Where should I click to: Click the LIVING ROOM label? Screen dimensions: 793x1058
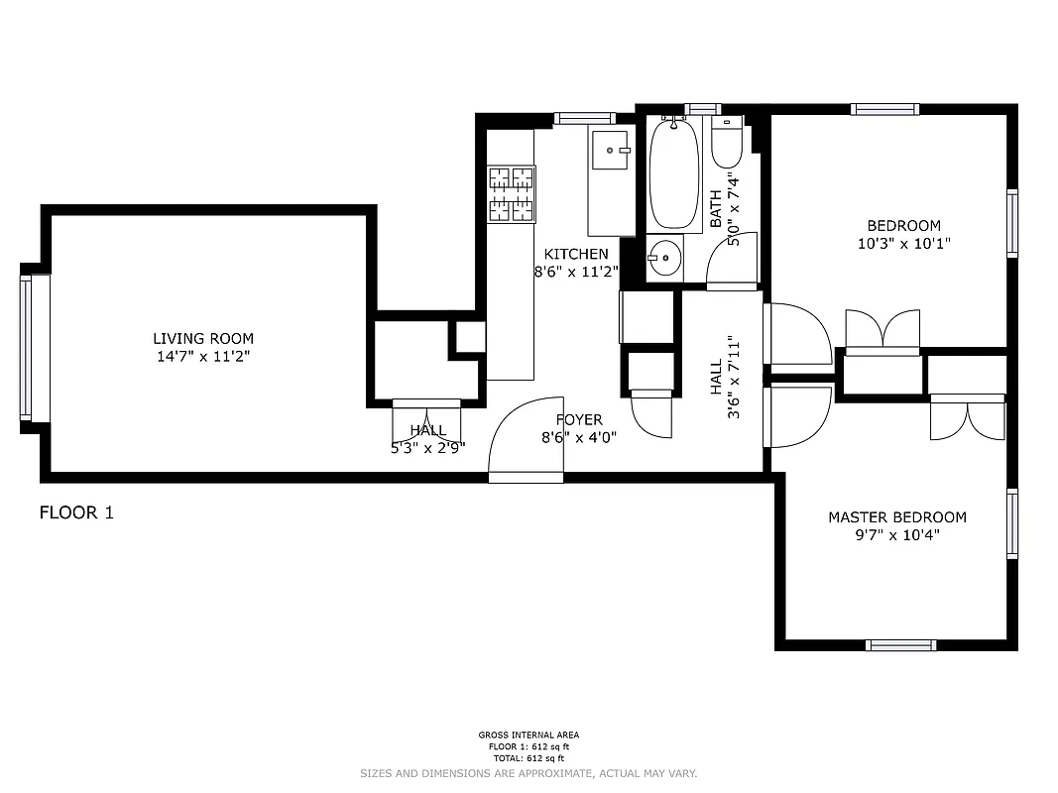202,338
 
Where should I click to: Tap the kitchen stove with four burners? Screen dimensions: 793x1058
511,193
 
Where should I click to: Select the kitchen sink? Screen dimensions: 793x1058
611,151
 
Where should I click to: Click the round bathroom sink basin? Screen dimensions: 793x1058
663,260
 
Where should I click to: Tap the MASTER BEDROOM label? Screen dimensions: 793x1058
896,517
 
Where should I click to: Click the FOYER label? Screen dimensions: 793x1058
579,420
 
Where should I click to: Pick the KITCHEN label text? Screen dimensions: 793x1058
576,255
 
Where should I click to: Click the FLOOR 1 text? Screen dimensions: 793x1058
76,512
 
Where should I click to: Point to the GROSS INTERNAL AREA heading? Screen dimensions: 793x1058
529,736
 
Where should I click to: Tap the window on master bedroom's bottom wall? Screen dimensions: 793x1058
900,644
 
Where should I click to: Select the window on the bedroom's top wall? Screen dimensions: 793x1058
884,110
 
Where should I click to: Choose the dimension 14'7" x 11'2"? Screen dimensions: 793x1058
202,357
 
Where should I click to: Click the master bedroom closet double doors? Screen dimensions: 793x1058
967,417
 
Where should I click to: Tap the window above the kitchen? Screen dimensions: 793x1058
584,118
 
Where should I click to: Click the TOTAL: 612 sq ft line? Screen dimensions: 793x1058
529,757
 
